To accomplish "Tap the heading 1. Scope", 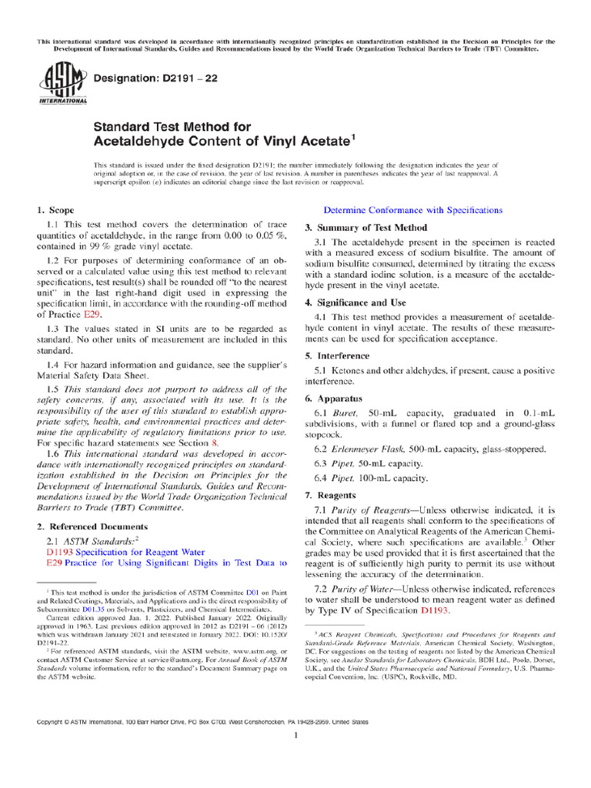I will [56, 210].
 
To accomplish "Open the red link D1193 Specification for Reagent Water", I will [125, 552].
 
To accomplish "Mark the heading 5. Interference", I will [337, 356].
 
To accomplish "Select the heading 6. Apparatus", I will [333, 399].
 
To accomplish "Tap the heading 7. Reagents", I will [330, 495].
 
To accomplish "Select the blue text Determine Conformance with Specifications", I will [413, 210].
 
